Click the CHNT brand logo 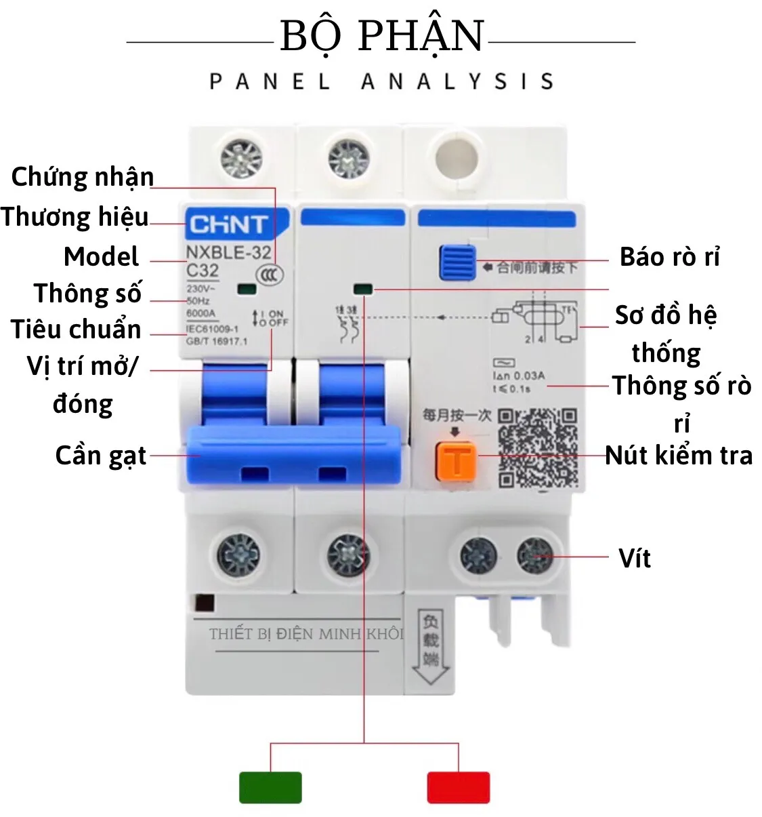coord(228,224)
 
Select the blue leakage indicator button coord(457,262)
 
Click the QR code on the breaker coord(538,447)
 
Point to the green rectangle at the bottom coord(270,787)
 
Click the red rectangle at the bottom coord(458,787)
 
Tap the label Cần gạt coord(101,456)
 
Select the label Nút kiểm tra coord(679,456)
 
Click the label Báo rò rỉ coord(669,257)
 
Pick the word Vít coord(635,558)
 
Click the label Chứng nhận coord(83,177)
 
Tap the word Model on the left coord(101,257)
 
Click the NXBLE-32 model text coord(228,253)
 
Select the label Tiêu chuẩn coord(76,330)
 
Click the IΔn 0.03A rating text coord(519,376)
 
